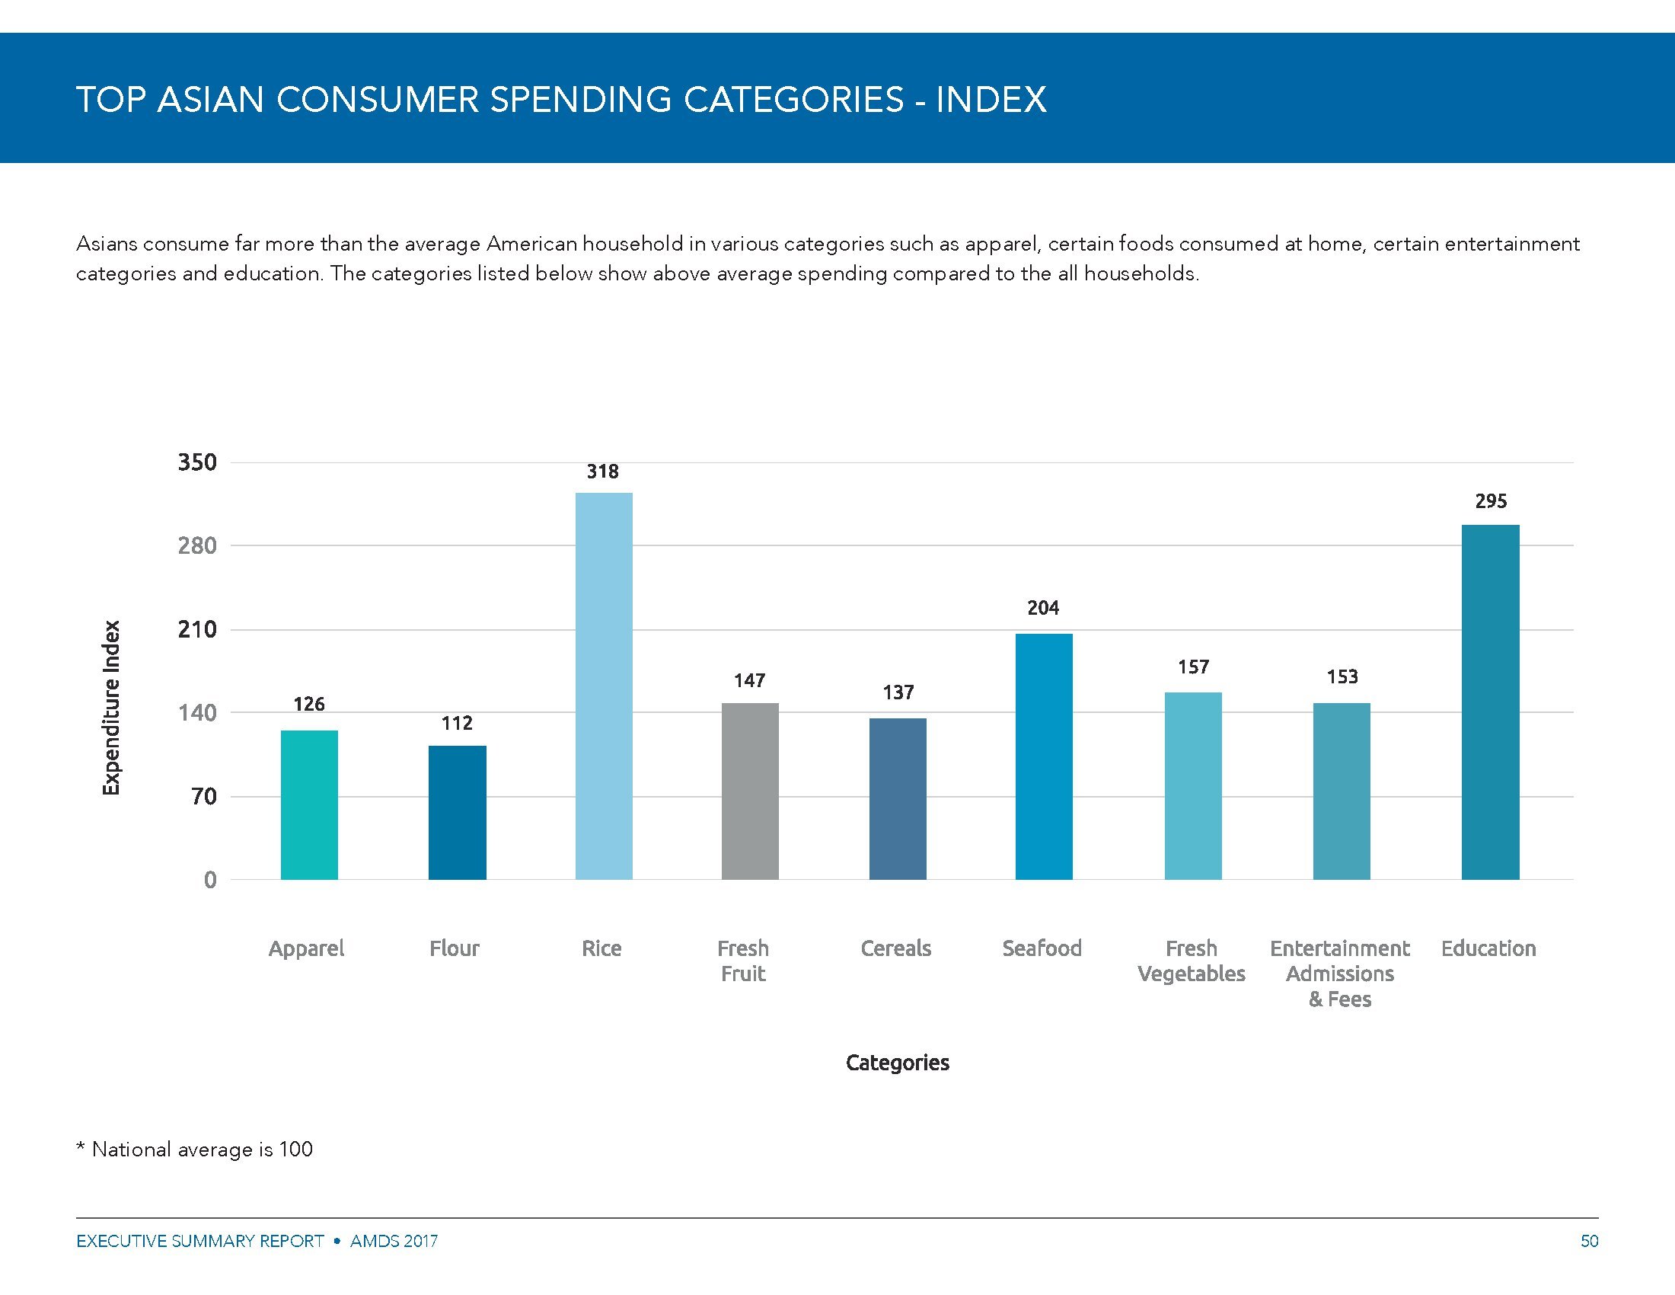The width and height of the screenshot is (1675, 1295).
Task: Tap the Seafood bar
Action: point(1044,756)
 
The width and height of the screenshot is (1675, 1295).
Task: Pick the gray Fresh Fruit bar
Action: point(750,790)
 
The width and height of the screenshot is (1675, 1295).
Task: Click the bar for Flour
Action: point(457,812)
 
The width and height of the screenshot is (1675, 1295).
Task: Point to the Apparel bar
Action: point(309,804)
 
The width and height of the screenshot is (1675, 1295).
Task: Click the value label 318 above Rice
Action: point(603,471)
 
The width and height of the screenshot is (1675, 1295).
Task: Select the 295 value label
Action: point(1491,501)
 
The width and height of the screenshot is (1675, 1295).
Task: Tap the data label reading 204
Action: point(1043,608)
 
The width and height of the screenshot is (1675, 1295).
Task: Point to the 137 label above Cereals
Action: point(898,692)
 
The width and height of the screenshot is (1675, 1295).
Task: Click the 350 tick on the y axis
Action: point(197,462)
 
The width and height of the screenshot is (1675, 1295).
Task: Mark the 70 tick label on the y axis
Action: point(204,796)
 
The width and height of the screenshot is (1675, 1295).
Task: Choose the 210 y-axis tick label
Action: point(197,629)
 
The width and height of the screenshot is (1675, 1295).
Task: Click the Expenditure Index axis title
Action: point(112,708)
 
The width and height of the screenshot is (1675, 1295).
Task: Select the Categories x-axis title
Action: point(898,1063)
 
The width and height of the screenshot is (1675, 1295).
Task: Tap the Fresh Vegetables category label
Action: point(1191,961)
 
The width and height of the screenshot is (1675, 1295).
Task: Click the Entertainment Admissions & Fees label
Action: point(1339,973)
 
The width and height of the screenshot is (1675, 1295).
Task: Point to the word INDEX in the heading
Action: point(991,100)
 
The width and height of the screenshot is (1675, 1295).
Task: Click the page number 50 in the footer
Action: point(1589,1240)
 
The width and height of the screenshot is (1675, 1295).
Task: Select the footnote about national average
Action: point(195,1150)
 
